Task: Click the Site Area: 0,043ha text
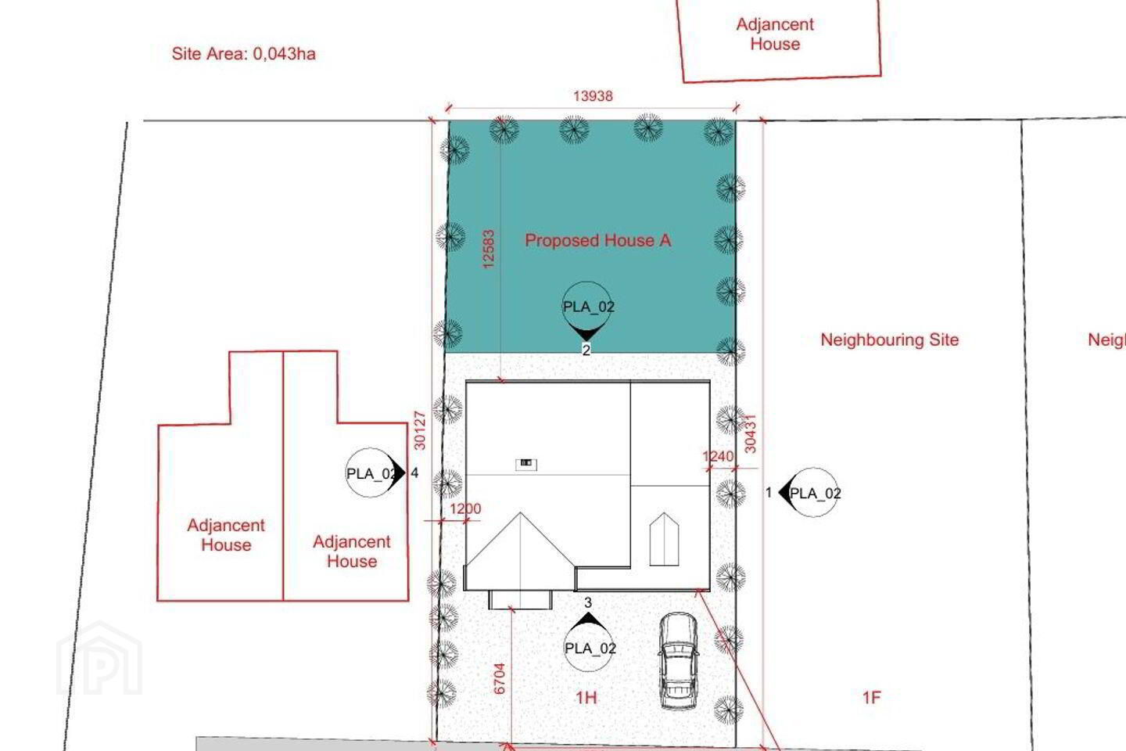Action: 243,54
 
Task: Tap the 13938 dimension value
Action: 593,95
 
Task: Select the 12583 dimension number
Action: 488,249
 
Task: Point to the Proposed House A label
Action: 597,240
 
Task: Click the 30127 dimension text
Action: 420,430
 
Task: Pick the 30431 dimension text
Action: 749,433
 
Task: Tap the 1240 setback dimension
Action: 718,456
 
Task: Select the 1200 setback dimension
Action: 465,508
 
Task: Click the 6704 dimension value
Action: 499,679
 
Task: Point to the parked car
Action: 678,660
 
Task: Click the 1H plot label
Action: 586,698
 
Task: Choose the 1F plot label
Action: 872,698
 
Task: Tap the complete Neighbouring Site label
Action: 890,340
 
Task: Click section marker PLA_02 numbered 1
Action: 810,493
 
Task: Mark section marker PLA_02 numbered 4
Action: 375,473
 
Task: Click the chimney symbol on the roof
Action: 526,463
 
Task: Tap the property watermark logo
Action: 99,658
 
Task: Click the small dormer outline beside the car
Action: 664,539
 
